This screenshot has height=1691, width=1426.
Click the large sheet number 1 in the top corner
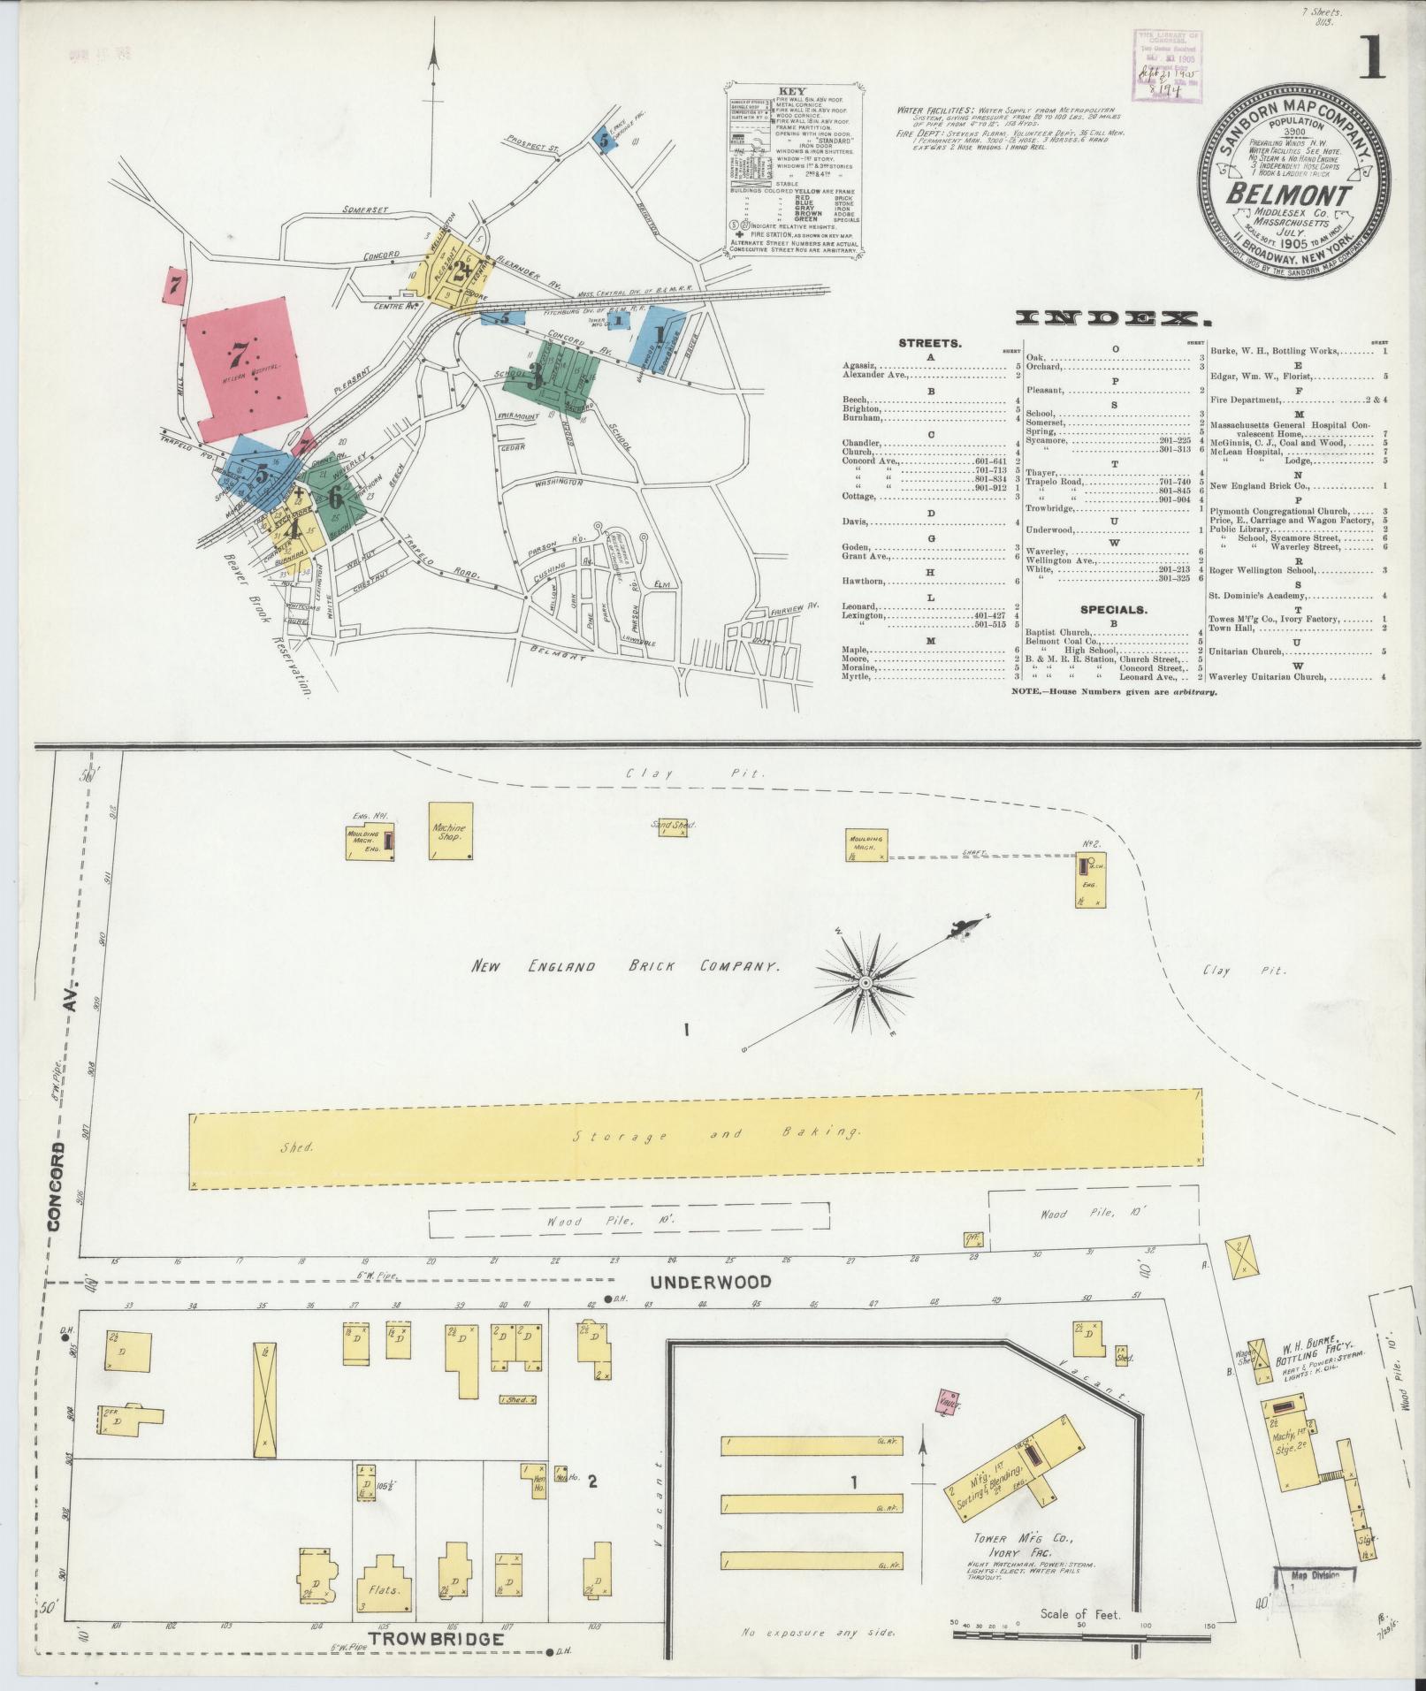coord(1372,62)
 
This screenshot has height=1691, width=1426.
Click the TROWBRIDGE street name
coord(437,1638)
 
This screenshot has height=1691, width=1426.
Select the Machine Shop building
coord(450,830)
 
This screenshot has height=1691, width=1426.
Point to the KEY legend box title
coord(791,91)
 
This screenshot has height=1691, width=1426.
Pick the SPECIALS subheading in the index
coord(1112,609)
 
